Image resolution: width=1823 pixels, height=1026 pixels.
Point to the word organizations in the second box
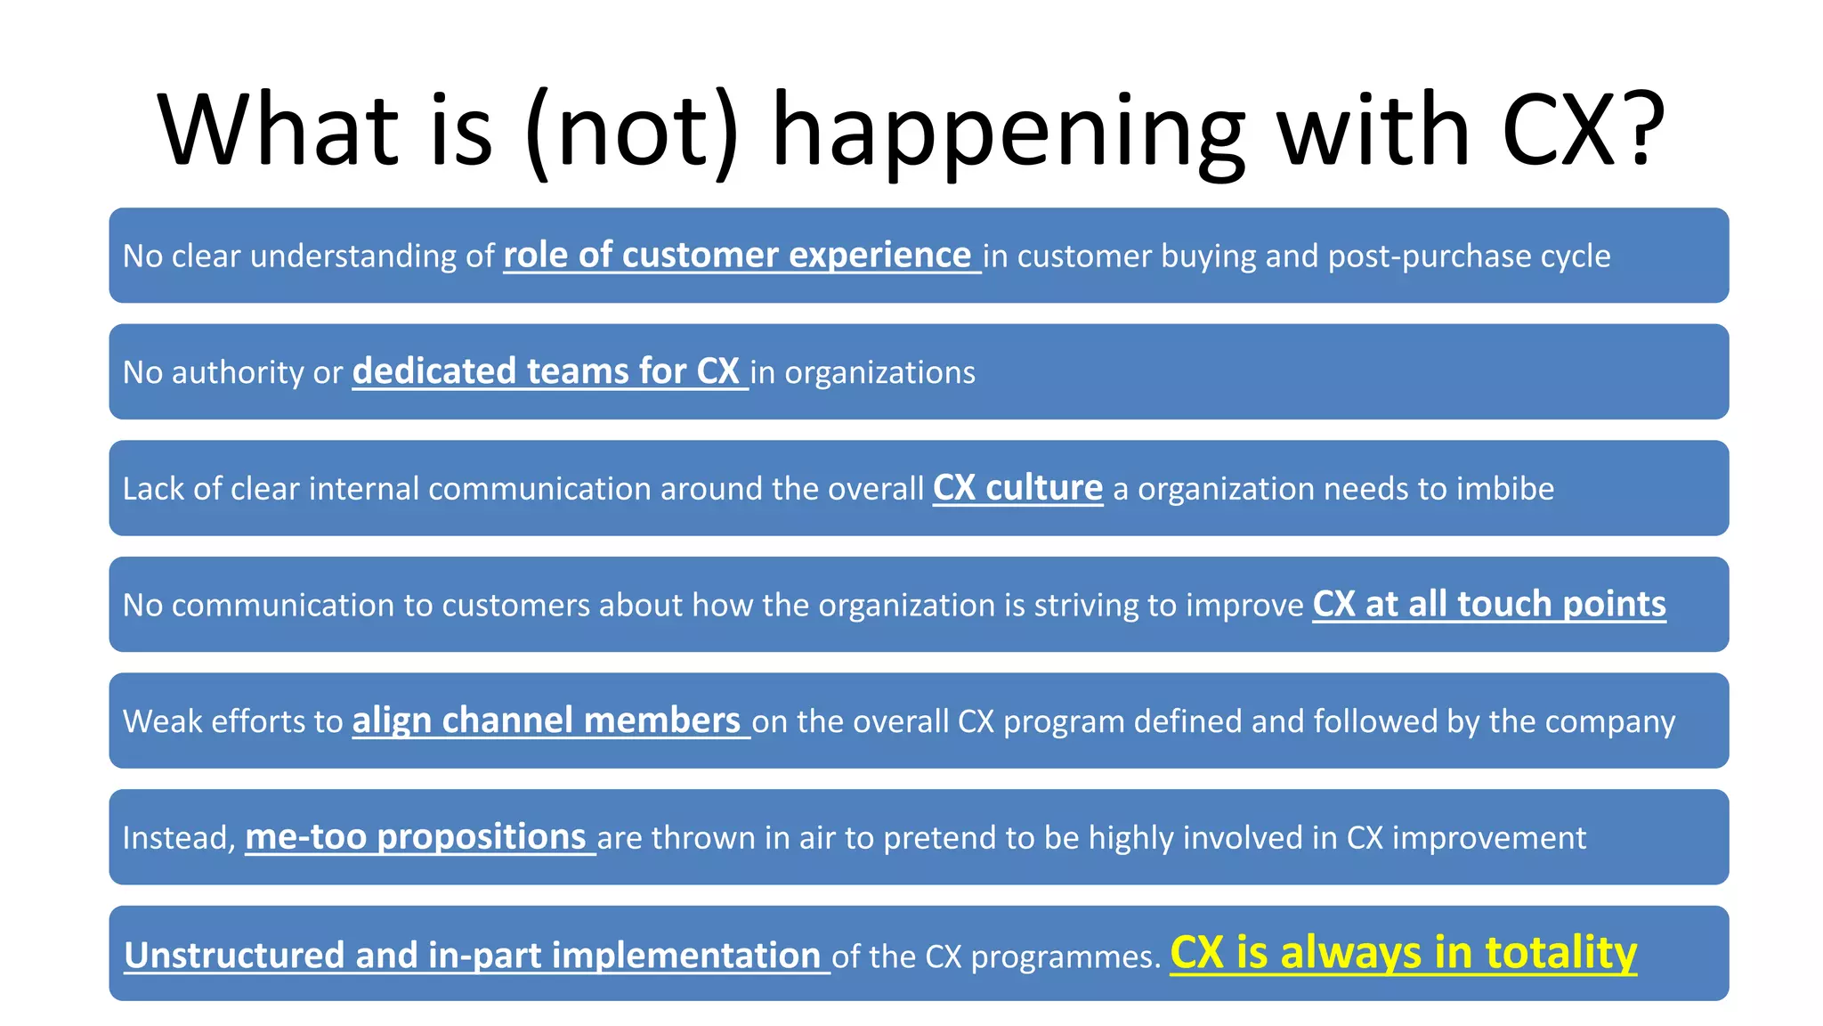[879, 372]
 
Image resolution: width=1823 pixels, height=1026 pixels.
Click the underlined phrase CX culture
[1017, 488]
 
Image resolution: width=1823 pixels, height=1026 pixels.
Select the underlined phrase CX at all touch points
[1488, 604]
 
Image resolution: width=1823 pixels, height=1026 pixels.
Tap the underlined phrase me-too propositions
[415, 837]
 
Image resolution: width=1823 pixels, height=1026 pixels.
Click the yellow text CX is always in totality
[1403, 953]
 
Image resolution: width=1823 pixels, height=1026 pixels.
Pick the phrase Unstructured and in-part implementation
[472, 956]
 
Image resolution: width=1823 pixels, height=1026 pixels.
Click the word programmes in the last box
[1065, 957]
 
